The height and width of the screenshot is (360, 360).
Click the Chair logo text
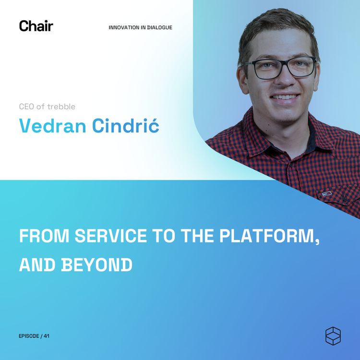tap(36, 26)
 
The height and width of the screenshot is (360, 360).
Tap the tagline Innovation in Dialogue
tap(140, 27)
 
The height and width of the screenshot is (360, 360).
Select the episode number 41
tap(47, 336)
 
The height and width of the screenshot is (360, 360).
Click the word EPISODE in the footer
tap(29, 336)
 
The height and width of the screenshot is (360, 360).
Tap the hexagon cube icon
tap(333, 336)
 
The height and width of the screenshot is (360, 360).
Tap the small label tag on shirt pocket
tap(328, 194)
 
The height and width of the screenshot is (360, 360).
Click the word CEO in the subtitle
tap(26, 106)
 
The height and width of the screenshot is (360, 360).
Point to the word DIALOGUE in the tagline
tap(159, 27)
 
